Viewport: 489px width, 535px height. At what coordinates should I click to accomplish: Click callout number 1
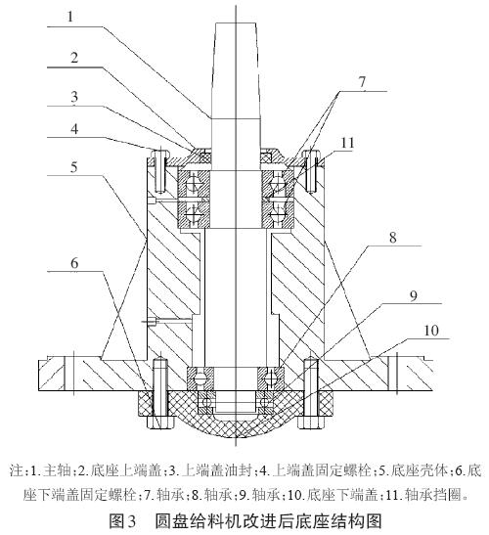point(70,17)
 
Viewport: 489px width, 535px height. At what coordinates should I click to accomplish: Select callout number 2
point(74,58)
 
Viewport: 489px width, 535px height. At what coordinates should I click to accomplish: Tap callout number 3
point(74,97)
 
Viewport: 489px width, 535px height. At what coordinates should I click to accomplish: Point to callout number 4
point(74,129)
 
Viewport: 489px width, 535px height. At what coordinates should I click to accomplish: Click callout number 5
point(74,167)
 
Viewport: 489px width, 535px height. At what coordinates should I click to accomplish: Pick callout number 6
point(74,263)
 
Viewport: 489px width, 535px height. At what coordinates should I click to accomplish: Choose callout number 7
point(362,82)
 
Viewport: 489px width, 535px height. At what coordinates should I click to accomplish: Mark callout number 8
point(393,237)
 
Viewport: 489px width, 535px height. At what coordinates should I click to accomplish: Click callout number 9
point(414,295)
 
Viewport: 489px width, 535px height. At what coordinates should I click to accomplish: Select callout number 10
point(431,331)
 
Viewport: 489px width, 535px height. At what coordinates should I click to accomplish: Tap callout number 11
point(348,143)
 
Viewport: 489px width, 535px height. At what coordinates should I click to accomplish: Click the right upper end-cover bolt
point(311,170)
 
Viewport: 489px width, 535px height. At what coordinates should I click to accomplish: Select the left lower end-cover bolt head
point(160,422)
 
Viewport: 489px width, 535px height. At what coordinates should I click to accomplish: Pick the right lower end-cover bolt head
point(311,422)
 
